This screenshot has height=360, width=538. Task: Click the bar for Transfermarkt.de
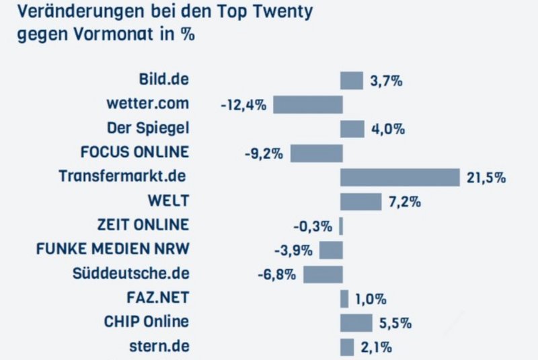[399, 177]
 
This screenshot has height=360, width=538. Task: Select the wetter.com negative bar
[307, 104]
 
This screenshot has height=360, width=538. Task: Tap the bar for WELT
[360, 201]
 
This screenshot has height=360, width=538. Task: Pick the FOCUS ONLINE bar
[316, 153]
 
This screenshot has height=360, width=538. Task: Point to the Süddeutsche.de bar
[323, 274]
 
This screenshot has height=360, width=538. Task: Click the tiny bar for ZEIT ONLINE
[341, 225]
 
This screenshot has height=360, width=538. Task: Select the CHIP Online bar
[356, 322]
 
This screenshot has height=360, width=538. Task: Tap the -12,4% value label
[243, 105]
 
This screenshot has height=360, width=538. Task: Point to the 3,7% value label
[386, 81]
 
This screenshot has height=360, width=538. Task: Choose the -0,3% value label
[313, 226]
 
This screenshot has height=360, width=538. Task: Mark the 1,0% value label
[371, 299]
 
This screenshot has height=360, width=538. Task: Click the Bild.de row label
[163, 79]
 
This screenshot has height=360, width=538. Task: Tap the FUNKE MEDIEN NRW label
[112, 249]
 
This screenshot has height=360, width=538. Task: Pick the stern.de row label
[158, 346]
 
